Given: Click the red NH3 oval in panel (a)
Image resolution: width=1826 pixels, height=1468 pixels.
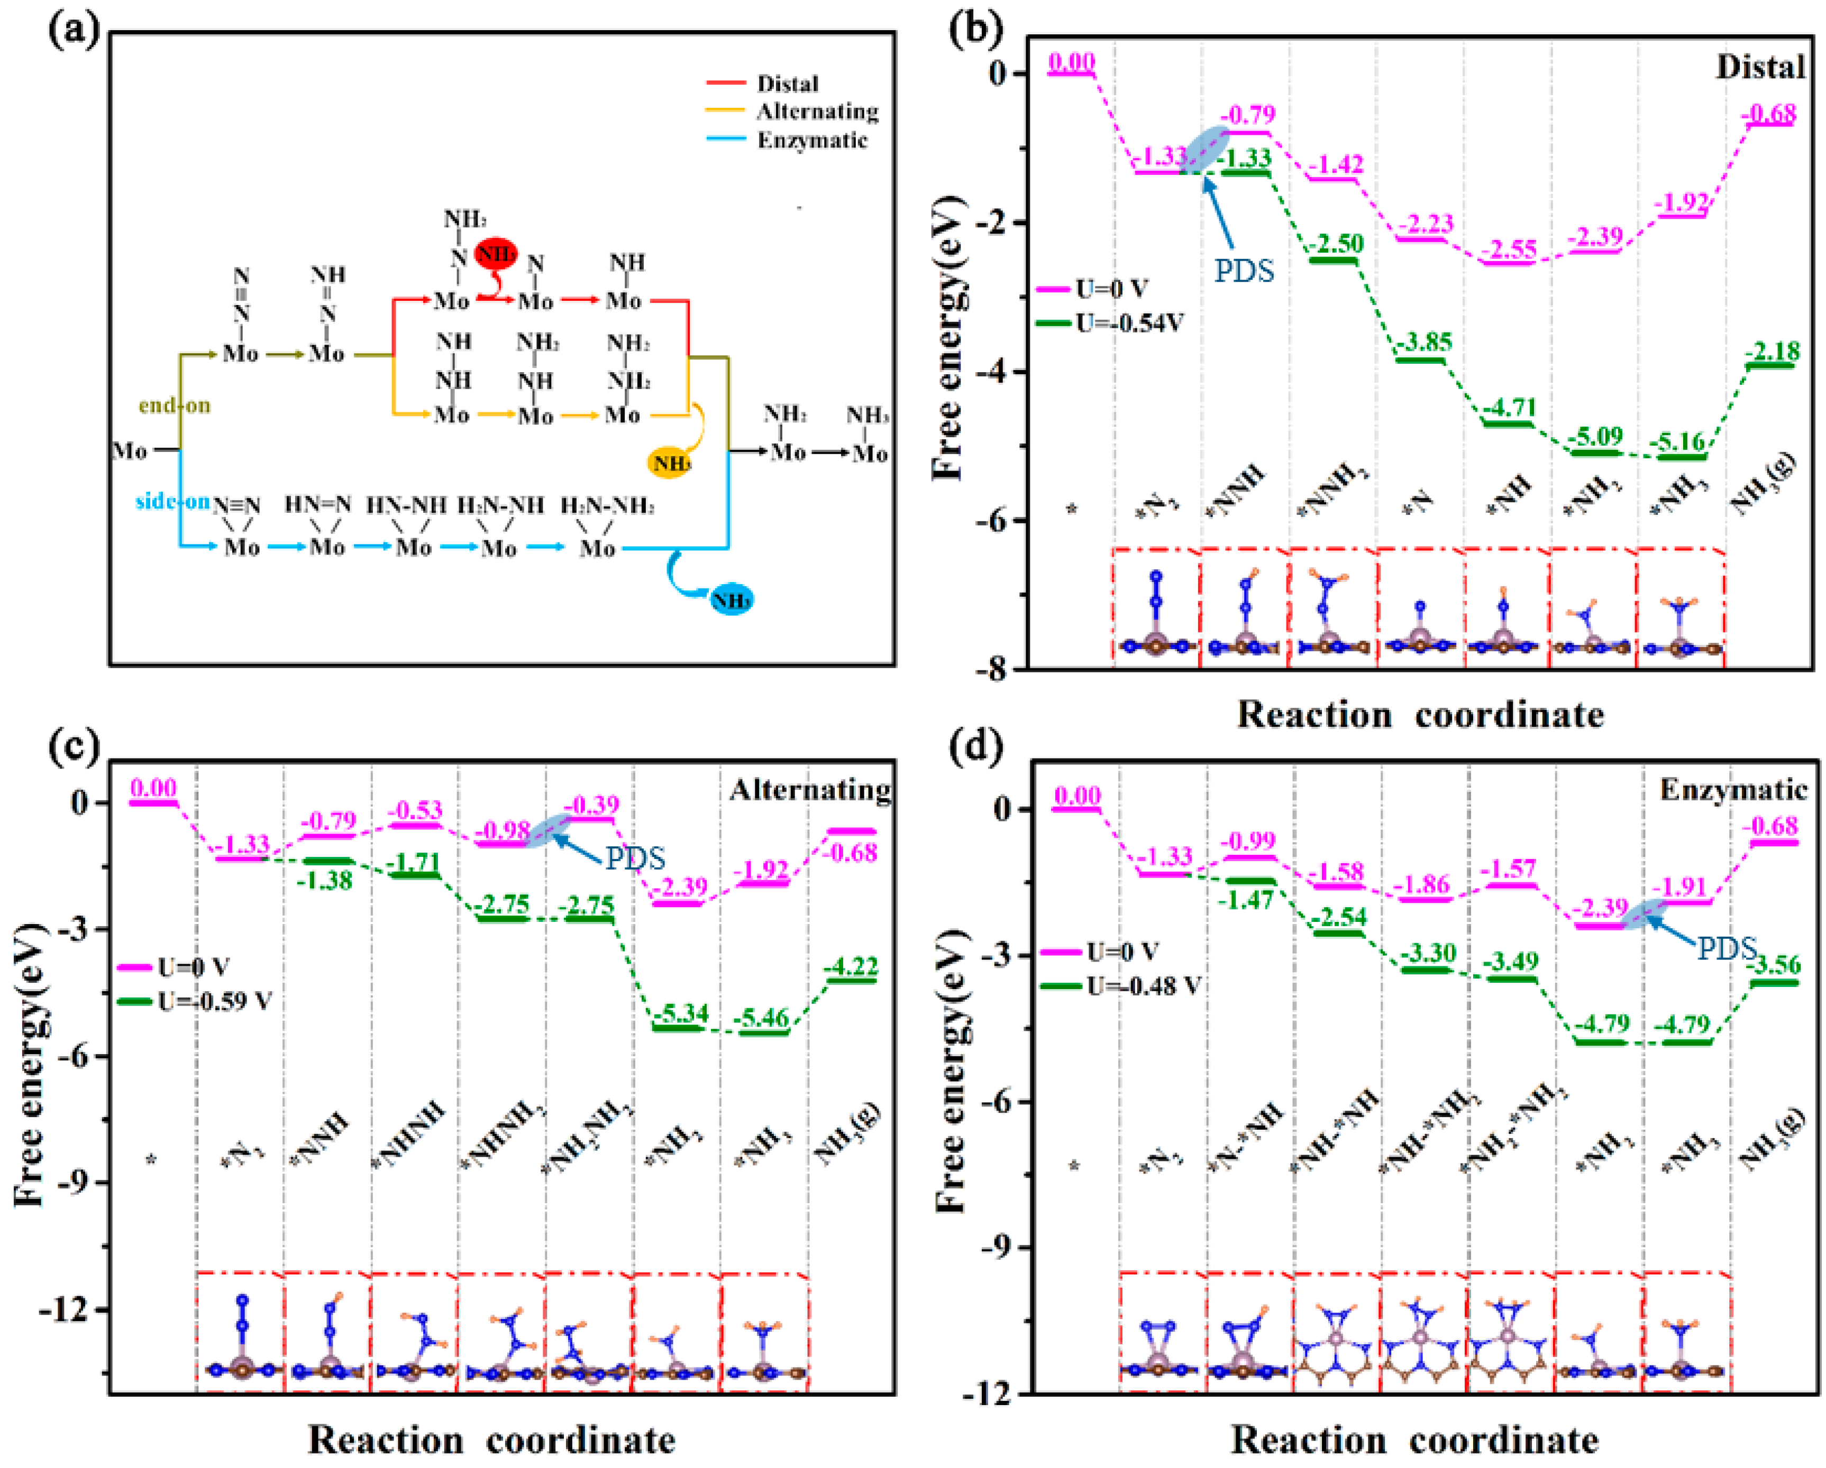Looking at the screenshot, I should click(x=496, y=252).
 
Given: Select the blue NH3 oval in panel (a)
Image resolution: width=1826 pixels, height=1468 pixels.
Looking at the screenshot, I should click(x=731, y=600).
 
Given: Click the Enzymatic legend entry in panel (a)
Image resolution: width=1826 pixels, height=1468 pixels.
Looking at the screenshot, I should click(x=811, y=140).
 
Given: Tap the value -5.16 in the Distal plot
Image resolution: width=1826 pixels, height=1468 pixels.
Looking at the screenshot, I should click(x=1681, y=441).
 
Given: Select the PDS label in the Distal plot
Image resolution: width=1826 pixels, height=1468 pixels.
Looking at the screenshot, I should click(x=1243, y=271).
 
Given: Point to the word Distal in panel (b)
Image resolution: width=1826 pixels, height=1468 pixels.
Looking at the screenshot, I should click(x=1760, y=67).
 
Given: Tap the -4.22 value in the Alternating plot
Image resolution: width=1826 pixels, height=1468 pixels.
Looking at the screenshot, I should click(x=851, y=966).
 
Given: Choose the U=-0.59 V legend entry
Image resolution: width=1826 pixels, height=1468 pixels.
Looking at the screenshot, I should click(x=214, y=1002).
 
